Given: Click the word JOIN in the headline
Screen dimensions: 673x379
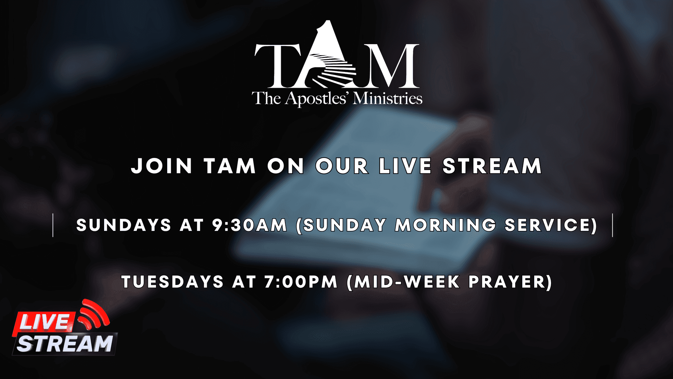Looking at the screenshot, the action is (162, 166).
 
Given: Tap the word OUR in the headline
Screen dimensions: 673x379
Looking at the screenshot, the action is (342, 166).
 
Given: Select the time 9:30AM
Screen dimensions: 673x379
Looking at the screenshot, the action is (250, 225).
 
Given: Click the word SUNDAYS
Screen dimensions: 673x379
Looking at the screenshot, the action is (124, 225).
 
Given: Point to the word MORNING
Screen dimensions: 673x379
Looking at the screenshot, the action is (446, 225).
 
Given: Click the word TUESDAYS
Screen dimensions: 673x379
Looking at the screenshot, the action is (172, 282).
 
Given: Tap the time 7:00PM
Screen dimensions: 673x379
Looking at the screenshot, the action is (301, 282).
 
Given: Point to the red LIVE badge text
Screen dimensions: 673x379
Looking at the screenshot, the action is (44, 322).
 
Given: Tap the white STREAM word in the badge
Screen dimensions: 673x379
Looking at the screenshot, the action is (65, 344).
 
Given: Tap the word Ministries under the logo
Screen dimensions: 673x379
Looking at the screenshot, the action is (388, 98).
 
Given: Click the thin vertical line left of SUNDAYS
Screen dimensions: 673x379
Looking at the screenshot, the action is (53, 225).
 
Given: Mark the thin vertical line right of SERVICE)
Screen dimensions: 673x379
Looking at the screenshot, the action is (613, 225).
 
